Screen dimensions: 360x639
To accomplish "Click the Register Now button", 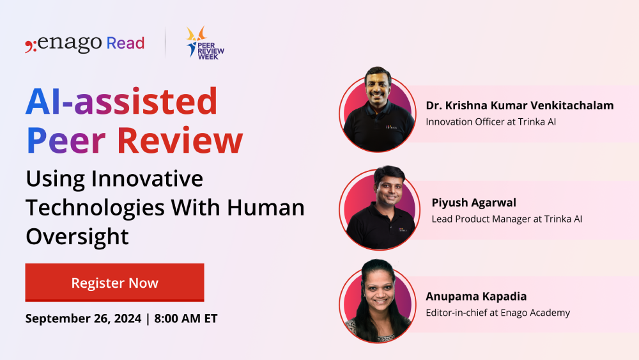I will [x=114, y=283].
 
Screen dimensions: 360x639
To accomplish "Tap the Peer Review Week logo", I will [x=205, y=43].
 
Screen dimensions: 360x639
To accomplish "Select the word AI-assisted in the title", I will [x=121, y=102].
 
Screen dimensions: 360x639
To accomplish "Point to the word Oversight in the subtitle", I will [x=77, y=236].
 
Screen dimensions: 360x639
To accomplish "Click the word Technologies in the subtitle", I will [x=102, y=207].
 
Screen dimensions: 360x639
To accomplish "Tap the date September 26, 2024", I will [x=82, y=318].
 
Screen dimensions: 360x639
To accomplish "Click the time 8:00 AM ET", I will [x=185, y=318].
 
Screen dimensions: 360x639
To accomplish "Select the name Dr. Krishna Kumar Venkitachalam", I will [x=520, y=106].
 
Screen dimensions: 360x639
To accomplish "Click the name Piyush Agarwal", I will [x=473, y=203].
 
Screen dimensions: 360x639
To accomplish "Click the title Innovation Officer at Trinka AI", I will [x=491, y=121].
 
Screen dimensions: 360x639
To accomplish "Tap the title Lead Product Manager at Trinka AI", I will [x=507, y=219].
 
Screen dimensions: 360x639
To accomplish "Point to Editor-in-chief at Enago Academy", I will [x=498, y=313].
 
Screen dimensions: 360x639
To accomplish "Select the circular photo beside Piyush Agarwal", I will [x=377, y=208].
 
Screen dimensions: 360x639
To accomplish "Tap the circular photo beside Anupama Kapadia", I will [x=377, y=302].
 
